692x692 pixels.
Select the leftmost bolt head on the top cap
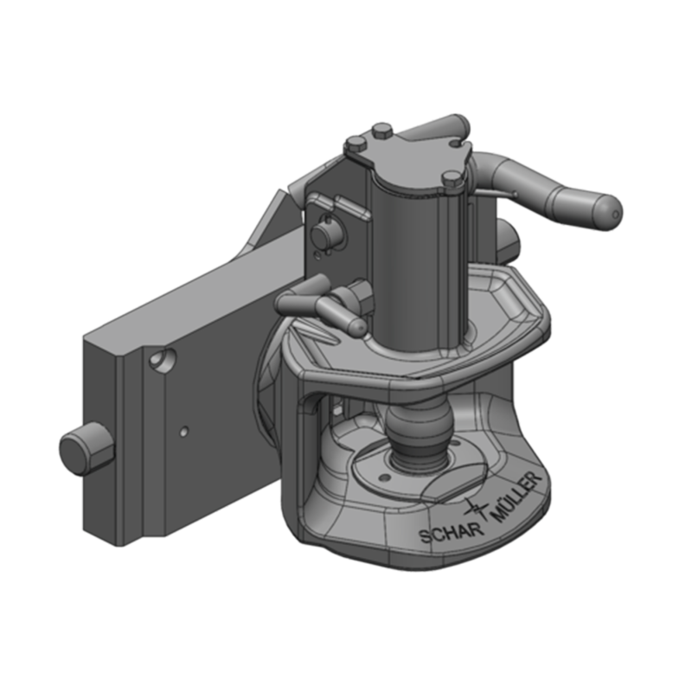pyautogui.click(x=354, y=143)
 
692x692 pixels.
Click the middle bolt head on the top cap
pyautogui.click(x=382, y=131)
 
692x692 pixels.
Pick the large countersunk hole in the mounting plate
pyautogui.click(x=160, y=356)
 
